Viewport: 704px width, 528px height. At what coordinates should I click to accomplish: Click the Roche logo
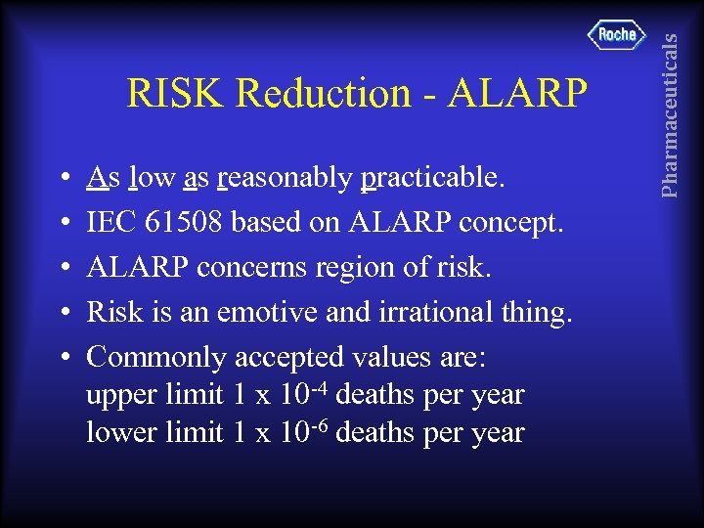point(617,35)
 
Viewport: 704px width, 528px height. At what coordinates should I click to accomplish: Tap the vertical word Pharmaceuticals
point(670,115)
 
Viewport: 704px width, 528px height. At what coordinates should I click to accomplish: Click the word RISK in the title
point(177,94)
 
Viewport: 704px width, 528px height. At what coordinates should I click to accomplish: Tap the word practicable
point(433,179)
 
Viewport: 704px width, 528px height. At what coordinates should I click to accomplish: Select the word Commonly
point(147,357)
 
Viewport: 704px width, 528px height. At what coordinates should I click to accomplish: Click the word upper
point(117,397)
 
